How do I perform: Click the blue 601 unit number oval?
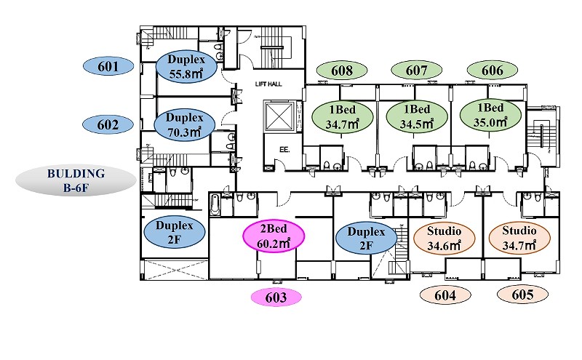coord(108,66)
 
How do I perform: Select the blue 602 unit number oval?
coord(108,124)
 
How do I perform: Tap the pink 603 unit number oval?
coord(276,297)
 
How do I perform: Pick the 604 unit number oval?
coord(445,295)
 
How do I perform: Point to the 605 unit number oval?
coord(522,295)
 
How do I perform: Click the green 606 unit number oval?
coord(493,70)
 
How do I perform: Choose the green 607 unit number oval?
coord(416,70)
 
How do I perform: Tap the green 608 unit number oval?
coord(342,70)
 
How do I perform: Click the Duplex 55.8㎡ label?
coord(186,66)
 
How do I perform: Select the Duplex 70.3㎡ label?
coord(185,124)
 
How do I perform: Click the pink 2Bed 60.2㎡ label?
coord(274,236)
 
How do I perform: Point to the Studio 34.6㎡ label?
coord(444,239)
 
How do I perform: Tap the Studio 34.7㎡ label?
coord(519,238)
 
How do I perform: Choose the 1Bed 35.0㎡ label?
coord(490,115)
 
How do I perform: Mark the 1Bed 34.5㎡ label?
coord(417,116)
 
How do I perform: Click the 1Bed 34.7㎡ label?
coord(342,117)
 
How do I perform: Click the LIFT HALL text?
coord(268,84)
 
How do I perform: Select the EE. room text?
coord(284,150)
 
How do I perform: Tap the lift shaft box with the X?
coord(279,116)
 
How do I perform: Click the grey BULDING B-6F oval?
coord(76,180)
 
